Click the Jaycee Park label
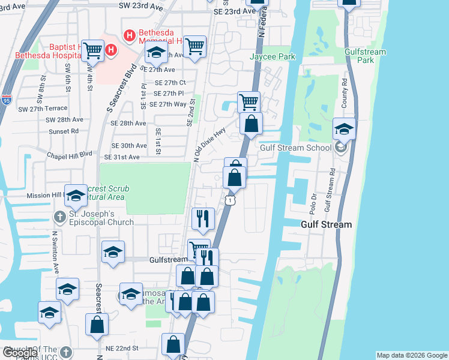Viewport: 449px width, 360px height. point(273,57)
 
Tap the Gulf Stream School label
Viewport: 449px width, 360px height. point(295,148)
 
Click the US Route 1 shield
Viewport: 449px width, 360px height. point(229,200)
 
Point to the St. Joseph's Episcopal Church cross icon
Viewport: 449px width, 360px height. point(59,216)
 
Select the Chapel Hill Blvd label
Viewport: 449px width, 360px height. point(70,154)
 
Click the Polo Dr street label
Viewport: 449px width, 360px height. point(313,205)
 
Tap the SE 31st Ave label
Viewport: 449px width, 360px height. point(122,157)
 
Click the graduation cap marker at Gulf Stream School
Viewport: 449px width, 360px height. point(345,128)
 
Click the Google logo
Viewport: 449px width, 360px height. point(19,353)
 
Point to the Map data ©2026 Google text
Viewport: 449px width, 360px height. point(412,355)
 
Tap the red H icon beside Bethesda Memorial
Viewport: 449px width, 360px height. point(128,36)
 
